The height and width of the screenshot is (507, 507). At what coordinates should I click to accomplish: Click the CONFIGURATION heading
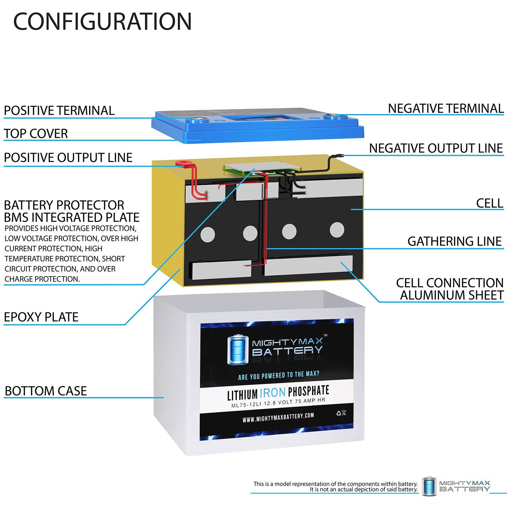coord(102,22)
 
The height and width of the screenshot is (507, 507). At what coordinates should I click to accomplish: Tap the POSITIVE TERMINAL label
coord(59,111)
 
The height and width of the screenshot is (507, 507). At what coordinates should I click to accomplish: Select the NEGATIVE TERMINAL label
coord(445,108)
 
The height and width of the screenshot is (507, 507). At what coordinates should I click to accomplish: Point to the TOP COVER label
coord(36,134)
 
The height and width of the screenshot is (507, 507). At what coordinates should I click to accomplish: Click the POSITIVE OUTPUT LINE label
coord(68,158)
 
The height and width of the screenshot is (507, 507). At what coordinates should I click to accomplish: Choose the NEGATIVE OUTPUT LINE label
coord(436,148)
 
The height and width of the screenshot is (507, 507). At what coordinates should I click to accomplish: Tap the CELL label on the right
coord(489,203)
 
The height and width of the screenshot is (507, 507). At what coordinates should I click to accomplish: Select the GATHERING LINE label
coord(454,241)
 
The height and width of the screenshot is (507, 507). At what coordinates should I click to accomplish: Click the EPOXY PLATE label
coord(41,317)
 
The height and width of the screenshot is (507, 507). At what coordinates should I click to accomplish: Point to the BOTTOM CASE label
coord(46,391)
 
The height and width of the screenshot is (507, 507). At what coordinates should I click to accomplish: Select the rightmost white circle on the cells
coord(337,230)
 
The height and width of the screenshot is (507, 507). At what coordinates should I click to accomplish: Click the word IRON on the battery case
coord(273,393)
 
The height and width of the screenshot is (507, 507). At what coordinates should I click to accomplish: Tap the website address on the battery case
coord(278,418)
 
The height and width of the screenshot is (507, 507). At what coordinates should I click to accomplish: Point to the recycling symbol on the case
coord(339,413)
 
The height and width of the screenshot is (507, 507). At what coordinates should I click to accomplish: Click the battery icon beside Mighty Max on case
coord(238,350)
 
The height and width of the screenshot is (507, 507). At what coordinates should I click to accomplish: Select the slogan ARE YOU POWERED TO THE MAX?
coord(279,375)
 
